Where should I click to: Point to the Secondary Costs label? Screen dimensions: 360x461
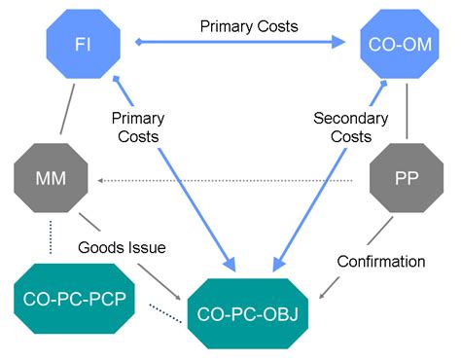(351, 127)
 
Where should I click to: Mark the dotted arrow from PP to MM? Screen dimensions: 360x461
(233, 180)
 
